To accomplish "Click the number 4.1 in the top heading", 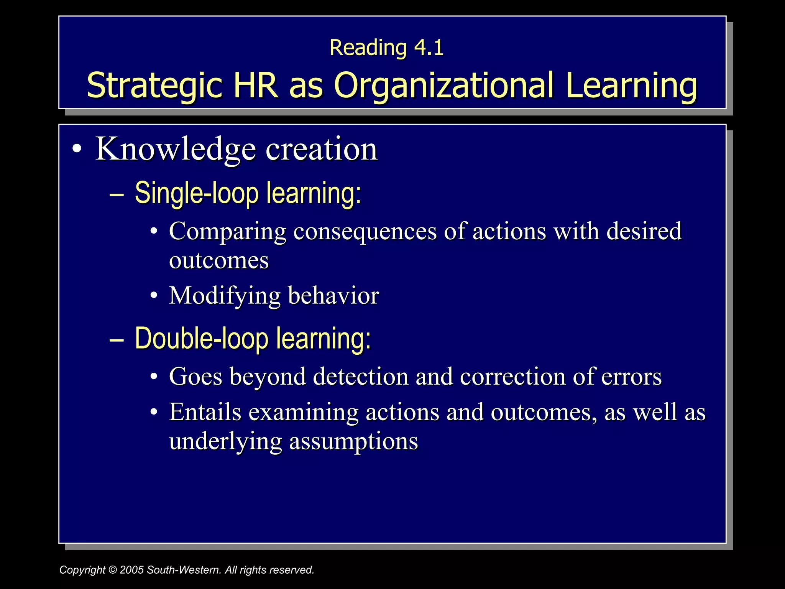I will point(429,48).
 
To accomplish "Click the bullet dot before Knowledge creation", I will point(77,150).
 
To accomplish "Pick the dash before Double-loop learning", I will point(116,339).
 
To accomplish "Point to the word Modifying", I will point(225,296).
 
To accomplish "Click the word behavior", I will point(333,296).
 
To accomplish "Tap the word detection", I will point(361,377).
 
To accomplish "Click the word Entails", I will point(205,412).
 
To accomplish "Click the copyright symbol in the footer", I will point(112,570).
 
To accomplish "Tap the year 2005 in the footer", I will point(132,570).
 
